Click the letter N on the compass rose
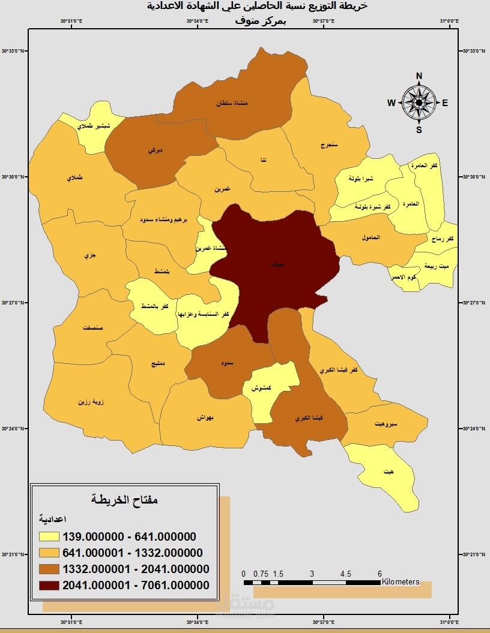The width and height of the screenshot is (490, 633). (419, 76)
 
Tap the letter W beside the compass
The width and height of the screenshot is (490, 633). (391, 103)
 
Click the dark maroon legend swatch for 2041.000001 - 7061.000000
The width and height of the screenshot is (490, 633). (49, 585)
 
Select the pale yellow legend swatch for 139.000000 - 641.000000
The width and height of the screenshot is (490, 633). (49, 536)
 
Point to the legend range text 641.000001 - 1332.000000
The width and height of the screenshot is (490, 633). (132, 553)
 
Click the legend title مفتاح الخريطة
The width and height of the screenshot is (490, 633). (124, 499)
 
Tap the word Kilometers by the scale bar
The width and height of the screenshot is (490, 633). (401, 581)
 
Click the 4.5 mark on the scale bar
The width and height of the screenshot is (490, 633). (346, 574)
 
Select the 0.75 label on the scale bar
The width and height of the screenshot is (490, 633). (260, 574)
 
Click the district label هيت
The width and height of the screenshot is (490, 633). (390, 472)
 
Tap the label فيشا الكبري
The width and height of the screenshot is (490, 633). (306, 418)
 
